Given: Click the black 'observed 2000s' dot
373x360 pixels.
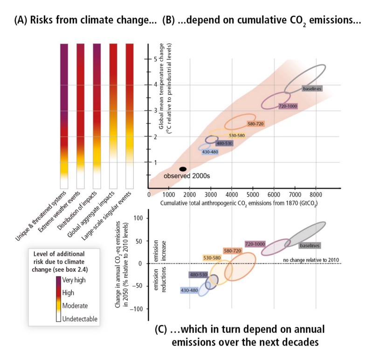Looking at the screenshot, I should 183,169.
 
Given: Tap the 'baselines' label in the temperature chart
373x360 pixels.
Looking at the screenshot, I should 312,88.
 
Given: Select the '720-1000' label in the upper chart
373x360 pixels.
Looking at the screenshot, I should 287,106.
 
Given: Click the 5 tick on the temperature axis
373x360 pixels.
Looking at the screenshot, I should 142,59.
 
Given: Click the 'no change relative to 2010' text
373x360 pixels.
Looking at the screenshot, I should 310,259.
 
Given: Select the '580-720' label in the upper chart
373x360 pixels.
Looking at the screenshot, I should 257,124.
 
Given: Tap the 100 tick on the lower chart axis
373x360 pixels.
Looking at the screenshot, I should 137,217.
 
